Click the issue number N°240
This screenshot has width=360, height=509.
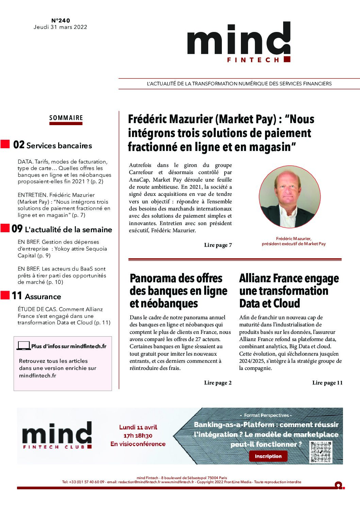(61, 21)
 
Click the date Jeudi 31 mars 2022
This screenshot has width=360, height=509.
(60, 27)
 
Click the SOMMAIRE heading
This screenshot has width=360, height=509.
(66, 118)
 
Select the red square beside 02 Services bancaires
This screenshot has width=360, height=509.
(5, 144)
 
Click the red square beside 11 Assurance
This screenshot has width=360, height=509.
(5, 295)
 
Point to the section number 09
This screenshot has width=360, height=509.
(17, 229)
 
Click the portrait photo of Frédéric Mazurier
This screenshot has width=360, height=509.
(290, 197)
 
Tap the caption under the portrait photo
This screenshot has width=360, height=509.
(294, 241)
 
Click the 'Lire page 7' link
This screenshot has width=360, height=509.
(218, 245)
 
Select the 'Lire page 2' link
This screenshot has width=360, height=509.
(218, 383)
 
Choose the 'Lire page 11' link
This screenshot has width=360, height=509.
(327, 383)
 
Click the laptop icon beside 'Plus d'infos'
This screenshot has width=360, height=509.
(23, 346)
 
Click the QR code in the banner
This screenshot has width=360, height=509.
(321, 452)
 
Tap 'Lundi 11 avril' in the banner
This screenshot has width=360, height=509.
(138, 427)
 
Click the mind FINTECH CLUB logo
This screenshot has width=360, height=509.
(57, 435)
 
